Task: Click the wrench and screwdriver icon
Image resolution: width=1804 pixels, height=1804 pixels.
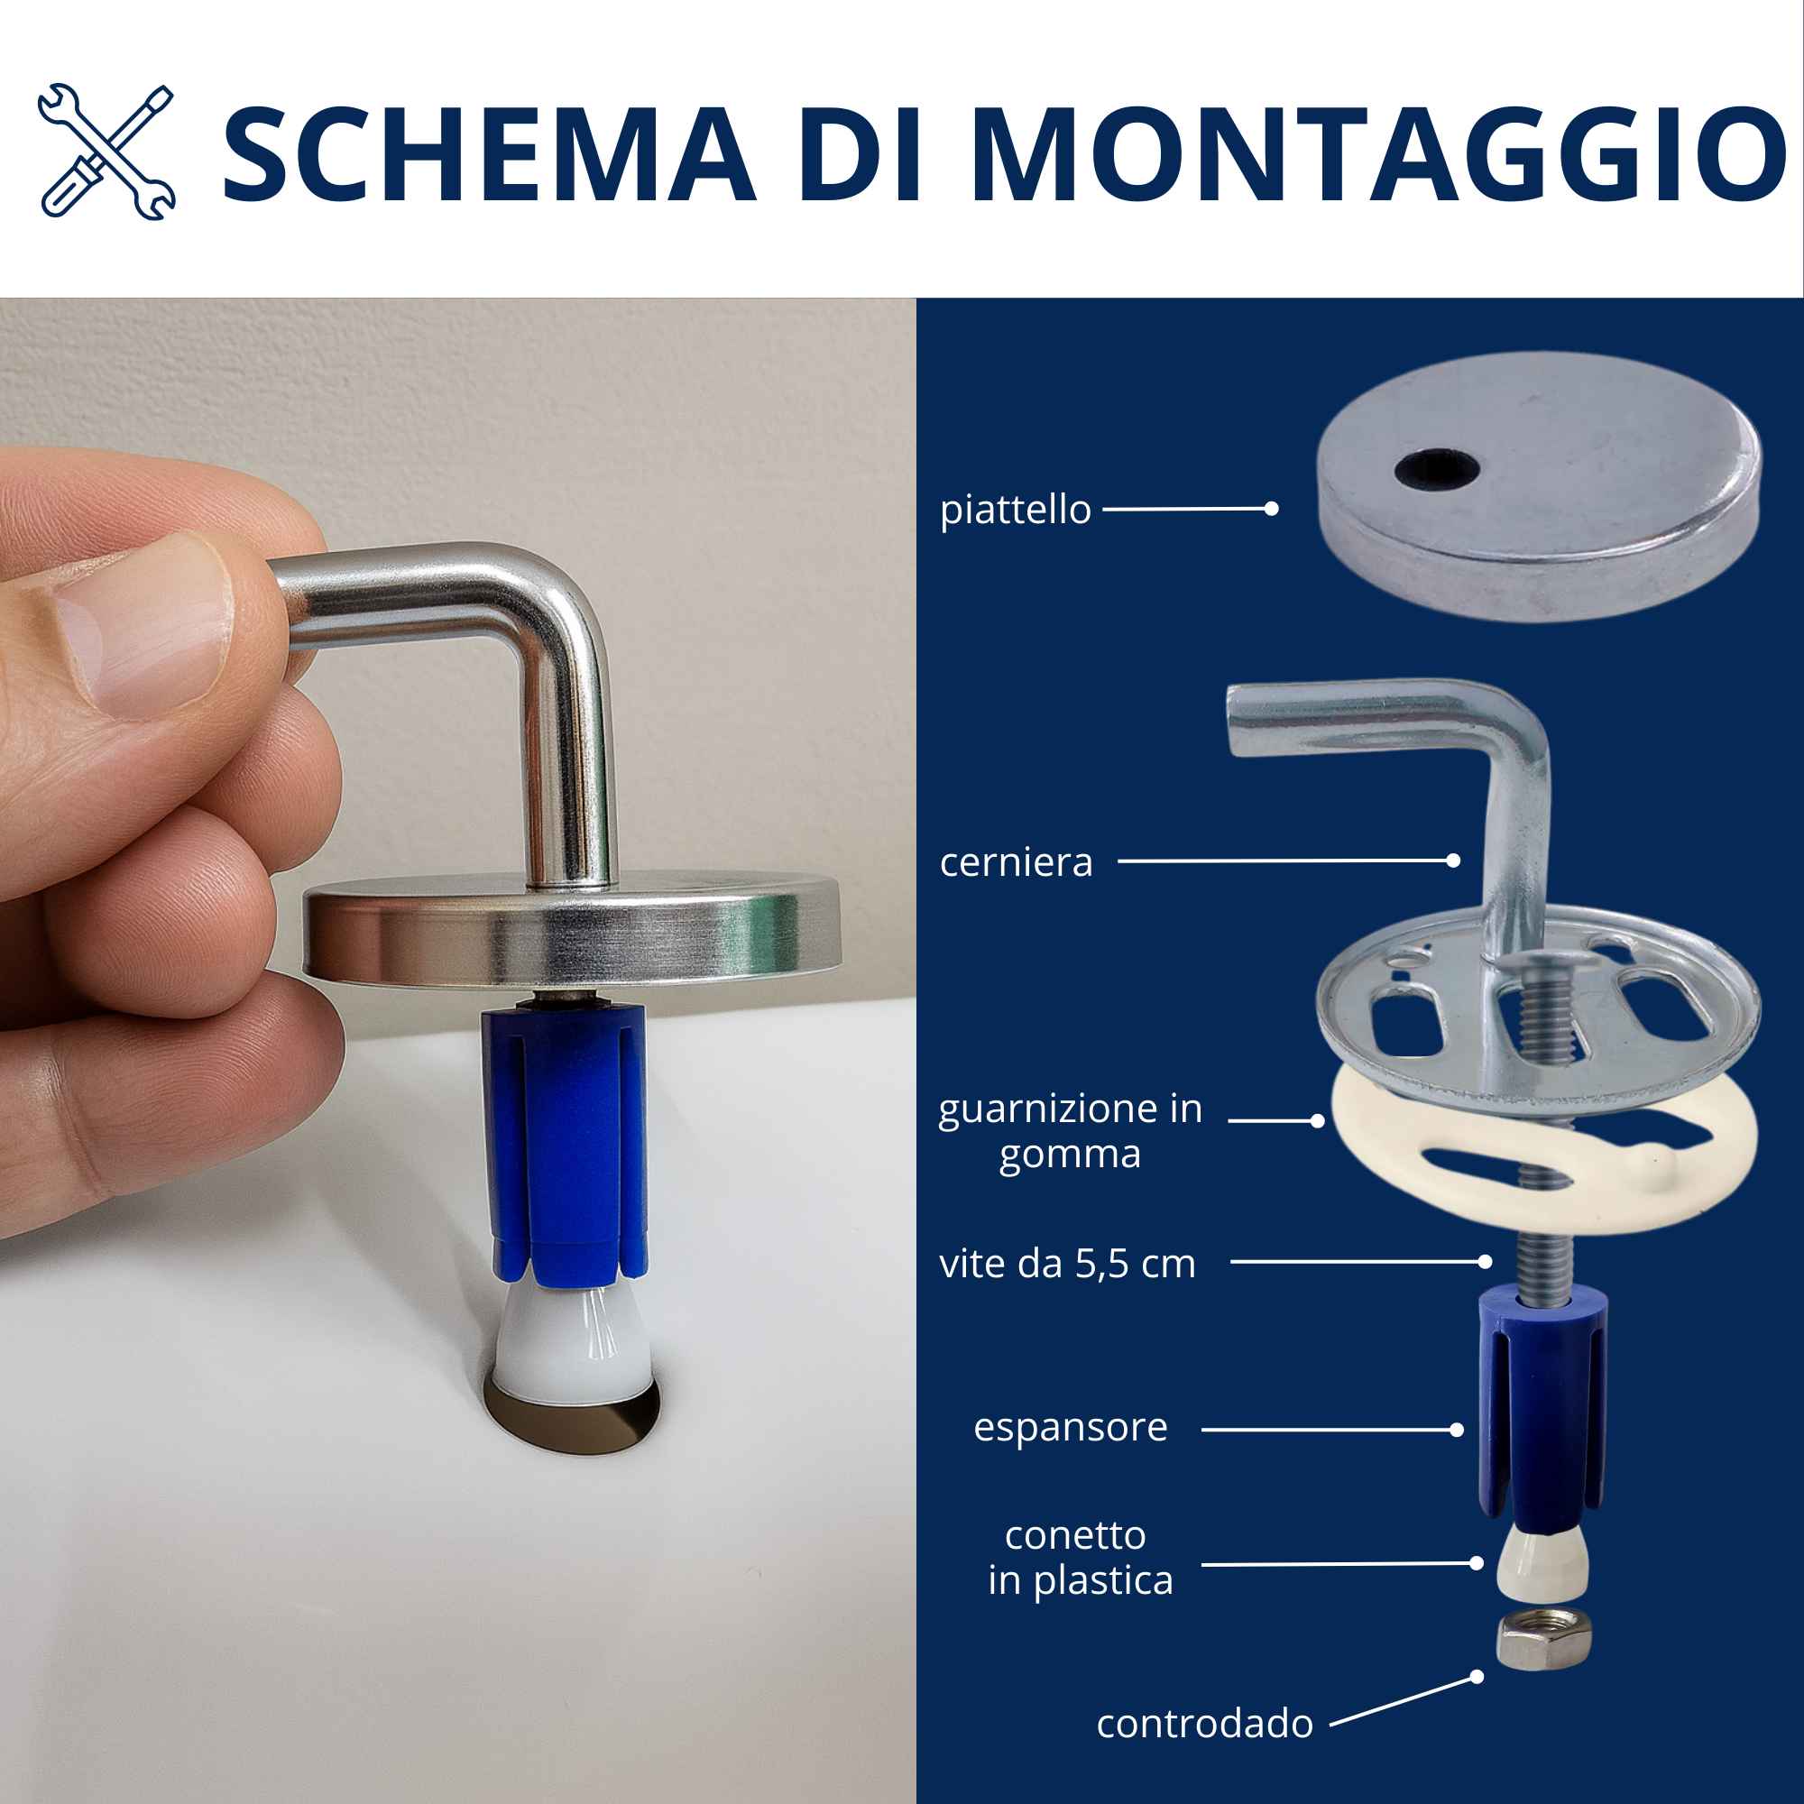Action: [106, 152]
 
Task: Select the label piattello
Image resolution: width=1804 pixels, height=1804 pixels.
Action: [1015, 510]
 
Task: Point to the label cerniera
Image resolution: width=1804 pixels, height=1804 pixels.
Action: [1016, 861]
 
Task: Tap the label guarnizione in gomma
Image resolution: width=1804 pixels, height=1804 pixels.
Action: [1070, 1131]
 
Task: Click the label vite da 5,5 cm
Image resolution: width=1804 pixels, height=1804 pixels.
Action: [1067, 1264]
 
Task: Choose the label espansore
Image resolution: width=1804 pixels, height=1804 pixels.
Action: [1070, 1427]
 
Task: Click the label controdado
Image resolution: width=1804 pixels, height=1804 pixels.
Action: [1204, 1724]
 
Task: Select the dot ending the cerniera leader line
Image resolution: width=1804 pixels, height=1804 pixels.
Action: [1453, 861]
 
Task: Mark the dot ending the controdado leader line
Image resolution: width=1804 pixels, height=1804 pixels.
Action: [1477, 1677]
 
